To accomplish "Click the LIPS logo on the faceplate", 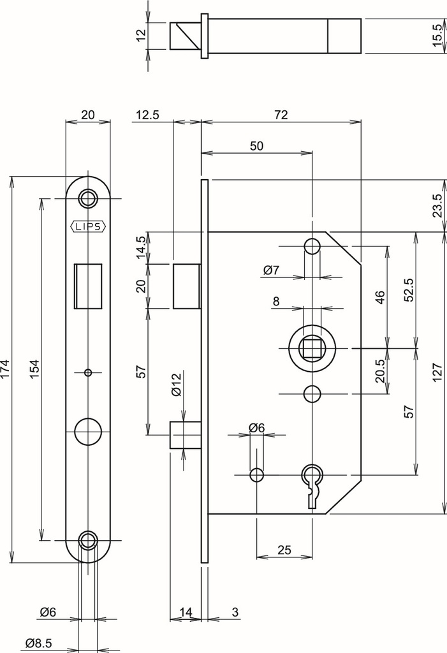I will pos(88,227).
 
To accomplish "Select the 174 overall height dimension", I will pos(6,369).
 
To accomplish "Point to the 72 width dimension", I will pos(281,115).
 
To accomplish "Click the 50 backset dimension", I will pos(256,146).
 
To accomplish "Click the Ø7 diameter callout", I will pos(271,270).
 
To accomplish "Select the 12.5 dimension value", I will pos(147,115).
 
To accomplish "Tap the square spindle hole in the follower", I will pos(312,348).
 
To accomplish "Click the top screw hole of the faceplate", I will pos(88,198).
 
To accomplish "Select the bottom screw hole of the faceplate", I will pos(88,541).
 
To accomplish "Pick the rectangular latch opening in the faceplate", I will pos(89,286).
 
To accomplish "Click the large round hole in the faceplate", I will pos(88,432).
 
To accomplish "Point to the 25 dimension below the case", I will pos(284,549).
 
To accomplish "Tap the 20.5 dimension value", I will pos(381,371).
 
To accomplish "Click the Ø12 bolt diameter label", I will pos(177,385).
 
